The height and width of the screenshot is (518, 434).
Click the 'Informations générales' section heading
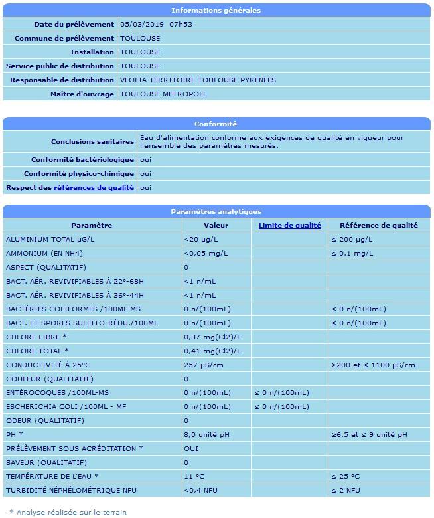point(216,10)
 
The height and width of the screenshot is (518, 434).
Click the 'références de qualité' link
point(94,187)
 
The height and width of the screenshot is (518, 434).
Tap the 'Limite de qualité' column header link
point(289,225)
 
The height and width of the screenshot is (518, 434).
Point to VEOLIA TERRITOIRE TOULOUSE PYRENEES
point(198,80)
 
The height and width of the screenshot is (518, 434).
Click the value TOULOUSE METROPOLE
point(164,94)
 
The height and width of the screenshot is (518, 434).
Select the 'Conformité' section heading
point(216,124)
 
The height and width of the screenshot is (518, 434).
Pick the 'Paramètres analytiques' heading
point(216,211)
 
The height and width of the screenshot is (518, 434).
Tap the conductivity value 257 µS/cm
point(204,365)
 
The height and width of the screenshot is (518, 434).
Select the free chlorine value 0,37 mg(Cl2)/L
point(212,337)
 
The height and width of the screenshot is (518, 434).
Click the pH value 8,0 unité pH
point(206,434)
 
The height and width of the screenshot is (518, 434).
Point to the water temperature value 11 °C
point(194,476)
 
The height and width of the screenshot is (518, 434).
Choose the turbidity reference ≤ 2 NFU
point(346,490)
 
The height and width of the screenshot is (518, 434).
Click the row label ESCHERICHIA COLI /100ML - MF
point(66,406)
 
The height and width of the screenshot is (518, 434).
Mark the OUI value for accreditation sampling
point(191,448)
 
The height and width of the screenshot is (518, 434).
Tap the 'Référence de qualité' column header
point(378,225)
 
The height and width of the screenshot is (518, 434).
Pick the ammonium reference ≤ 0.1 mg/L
point(352,253)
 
